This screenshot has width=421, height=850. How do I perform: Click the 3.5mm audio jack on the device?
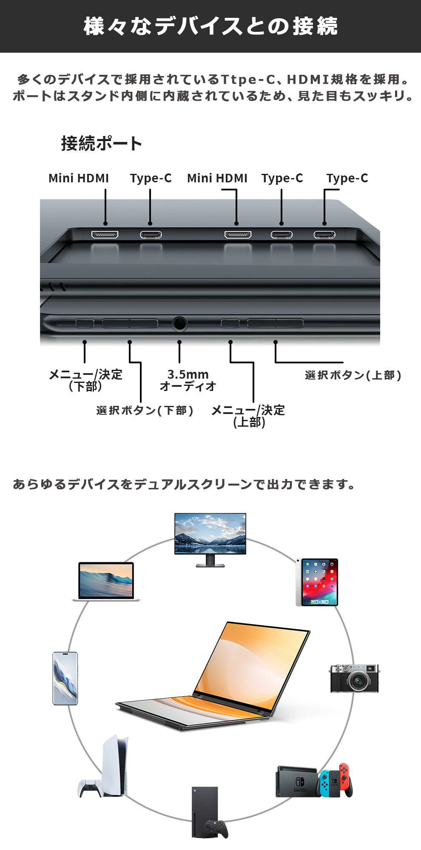pos(179,324)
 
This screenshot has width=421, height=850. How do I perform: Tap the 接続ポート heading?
pos(101,143)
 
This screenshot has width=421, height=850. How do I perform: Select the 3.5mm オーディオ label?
pos(188,380)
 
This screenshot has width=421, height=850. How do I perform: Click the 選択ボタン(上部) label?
pos(353,375)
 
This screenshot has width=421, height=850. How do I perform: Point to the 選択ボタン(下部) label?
pos(145,410)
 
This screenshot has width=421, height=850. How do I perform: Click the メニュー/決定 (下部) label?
pos(85,380)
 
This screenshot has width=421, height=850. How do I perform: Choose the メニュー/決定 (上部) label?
pos(248,416)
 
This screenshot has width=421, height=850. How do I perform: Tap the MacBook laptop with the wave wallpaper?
pos(106,581)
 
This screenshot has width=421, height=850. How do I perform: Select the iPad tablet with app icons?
pos(317,582)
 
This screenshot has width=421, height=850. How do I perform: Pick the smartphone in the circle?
pos(65,678)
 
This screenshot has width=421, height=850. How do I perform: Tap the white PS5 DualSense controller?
pos(90,788)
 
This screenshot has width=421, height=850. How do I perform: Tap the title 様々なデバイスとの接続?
pos(210,26)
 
